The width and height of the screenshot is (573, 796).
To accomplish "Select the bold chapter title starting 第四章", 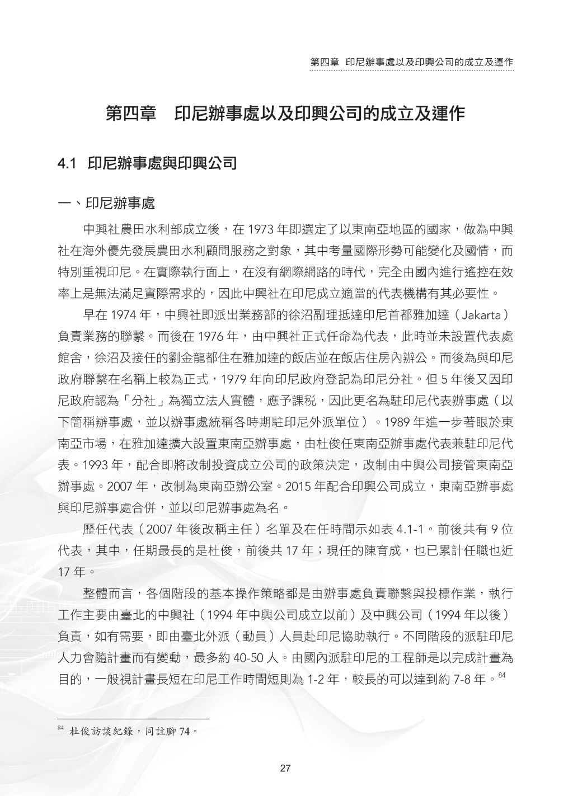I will pos(285,114).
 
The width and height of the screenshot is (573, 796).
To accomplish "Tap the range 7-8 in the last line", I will pos(462,680).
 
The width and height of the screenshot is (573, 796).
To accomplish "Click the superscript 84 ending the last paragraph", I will pos(501,676).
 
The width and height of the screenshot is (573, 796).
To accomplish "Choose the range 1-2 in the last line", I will pos(318,680).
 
